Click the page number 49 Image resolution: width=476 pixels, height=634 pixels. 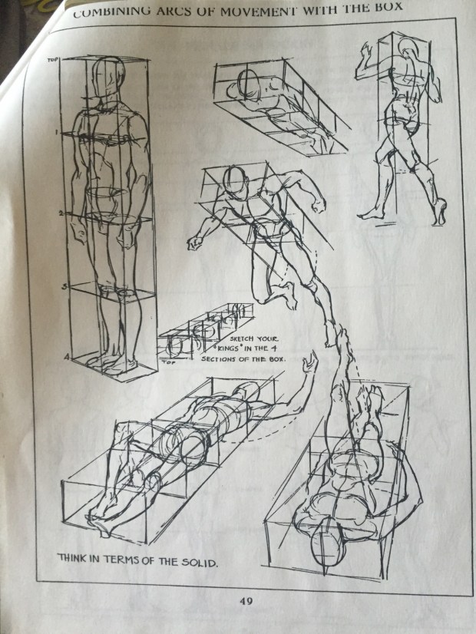[x=246, y=601]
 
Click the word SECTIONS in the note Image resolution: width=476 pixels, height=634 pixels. [x=221, y=359]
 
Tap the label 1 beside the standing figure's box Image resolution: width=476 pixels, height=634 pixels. [x=58, y=132]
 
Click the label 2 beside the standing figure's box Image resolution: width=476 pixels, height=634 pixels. [x=61, y=213]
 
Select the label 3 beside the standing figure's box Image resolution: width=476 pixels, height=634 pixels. [x=64, y=286]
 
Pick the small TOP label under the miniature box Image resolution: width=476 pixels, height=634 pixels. [x=169, y=362]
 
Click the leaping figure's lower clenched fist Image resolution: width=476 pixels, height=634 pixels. [x=195, y=243]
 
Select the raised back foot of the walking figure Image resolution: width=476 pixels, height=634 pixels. [x=440, y=212]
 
